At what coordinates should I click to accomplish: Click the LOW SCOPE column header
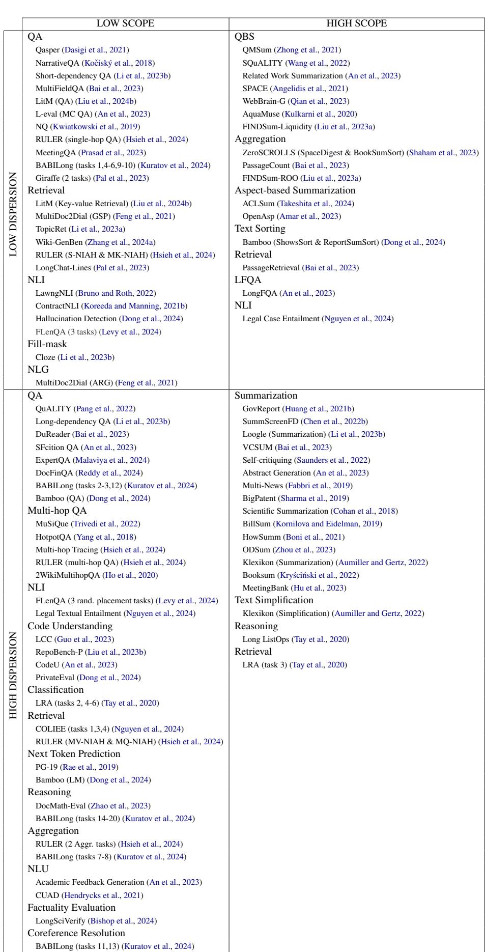tap(125, 24)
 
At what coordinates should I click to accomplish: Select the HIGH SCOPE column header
tap(356, 24)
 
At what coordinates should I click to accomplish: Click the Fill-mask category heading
tap(47, 344)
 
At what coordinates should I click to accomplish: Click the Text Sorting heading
tap(260, 229)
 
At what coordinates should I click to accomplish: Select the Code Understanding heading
tap(70, 626)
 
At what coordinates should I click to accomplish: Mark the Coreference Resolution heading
tap(76, 933)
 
